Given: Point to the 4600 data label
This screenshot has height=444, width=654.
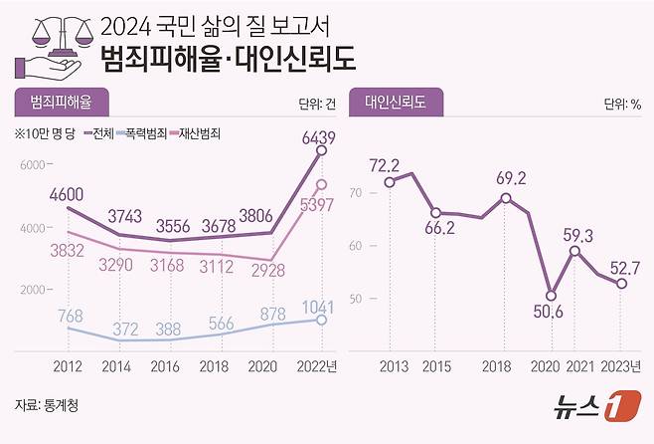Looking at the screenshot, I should point(68,194).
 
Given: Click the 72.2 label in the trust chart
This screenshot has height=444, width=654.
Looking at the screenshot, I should point(384,164).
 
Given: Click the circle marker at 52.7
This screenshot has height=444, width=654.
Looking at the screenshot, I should point(621,284).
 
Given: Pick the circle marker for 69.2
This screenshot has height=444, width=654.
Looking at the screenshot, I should point(506,198).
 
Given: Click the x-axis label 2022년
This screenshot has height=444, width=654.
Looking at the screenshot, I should point(318,366).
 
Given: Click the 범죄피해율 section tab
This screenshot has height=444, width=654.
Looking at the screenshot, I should point(61,103).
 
